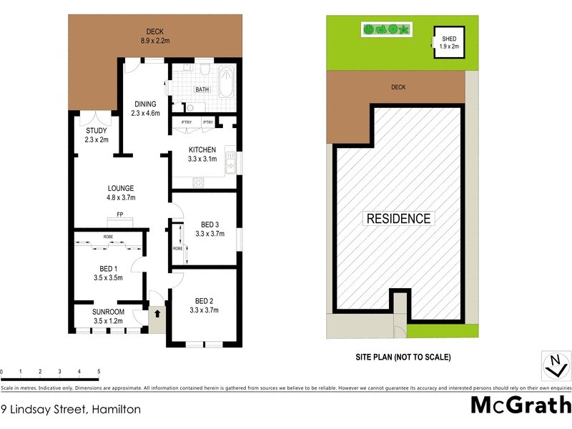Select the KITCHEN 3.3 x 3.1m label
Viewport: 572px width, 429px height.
[x=202, y=154]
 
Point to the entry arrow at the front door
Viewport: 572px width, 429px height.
[x=157, y=312]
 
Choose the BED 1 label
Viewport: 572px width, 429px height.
[x=108, y=273]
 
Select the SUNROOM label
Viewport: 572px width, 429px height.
[x=109, y=317]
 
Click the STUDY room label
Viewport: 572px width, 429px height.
[x=97, y=134]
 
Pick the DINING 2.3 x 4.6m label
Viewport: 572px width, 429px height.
[x=144, y=108]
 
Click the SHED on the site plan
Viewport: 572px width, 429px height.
[x=448, y=43]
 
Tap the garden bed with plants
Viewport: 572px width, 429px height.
[x=387, y=29]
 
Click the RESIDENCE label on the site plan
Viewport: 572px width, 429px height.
[x=398, y=219]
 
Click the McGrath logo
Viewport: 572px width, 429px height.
[x=520, y=405]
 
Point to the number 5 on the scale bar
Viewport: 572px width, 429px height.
[x=99, y=372]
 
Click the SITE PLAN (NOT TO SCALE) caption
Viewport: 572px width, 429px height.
[x=403, y=357]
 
